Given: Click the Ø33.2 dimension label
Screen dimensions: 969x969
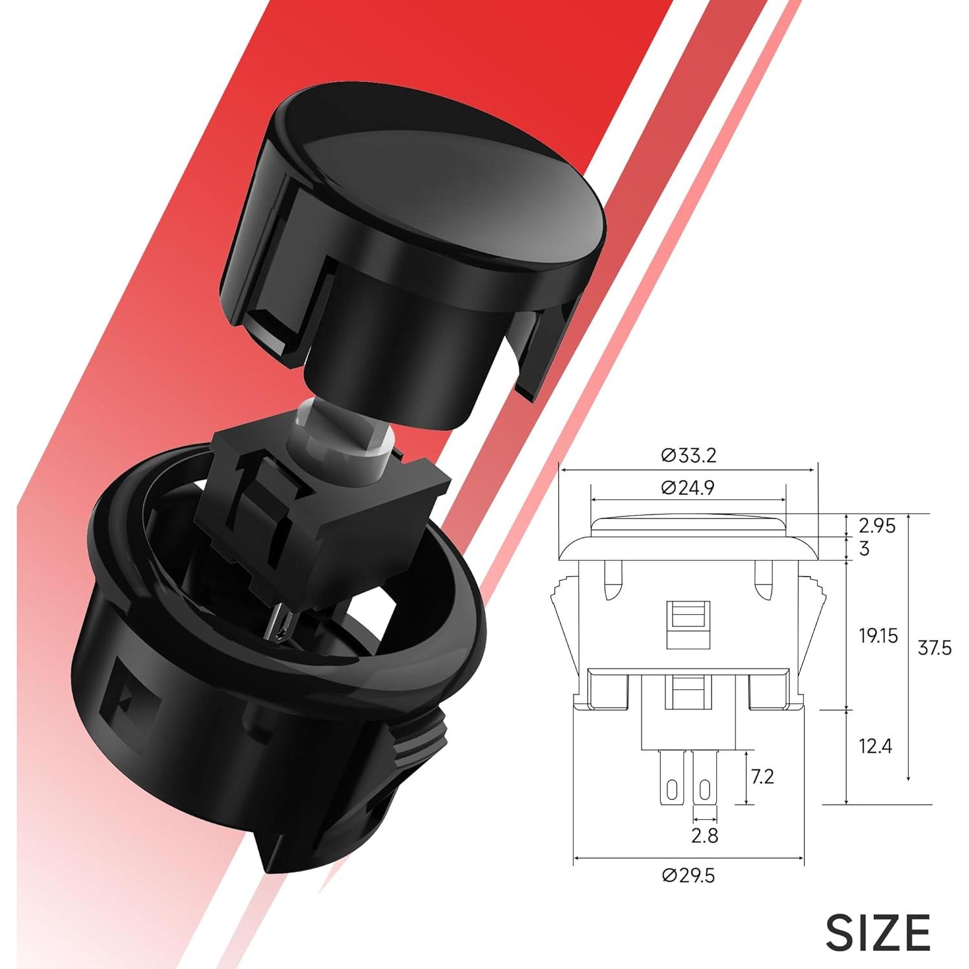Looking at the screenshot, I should tap(689, 456).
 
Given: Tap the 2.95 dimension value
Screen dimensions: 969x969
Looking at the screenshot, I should tap(877, 526).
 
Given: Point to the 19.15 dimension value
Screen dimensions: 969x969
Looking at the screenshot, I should tap(878, 636).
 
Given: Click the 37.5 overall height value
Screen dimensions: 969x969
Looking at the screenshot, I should tap(934, 648).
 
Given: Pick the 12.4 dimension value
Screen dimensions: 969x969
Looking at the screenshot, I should tap(875, 747).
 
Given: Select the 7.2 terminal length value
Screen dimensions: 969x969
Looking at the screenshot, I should tap(762, 776).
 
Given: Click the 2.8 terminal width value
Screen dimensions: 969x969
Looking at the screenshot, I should tap(704, 836).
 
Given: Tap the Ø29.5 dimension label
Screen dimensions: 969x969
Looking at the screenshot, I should tap(689, 876).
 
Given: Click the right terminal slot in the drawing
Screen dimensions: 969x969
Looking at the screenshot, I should tap(704, 789).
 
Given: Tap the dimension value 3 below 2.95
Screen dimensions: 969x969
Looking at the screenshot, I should tap(864, 549).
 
